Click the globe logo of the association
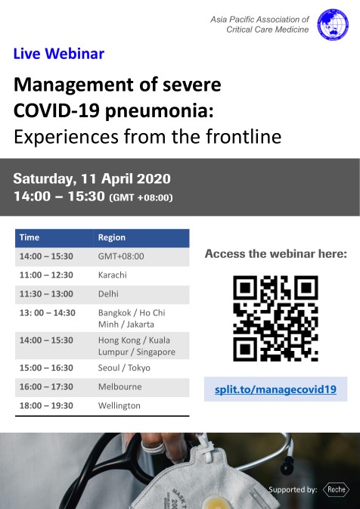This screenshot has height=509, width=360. (x=333, y=25)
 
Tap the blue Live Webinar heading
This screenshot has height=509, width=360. (x=59, y=54)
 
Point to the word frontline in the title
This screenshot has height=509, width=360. (x=244, y=137)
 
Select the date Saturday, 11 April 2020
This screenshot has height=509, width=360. (x=92, y=179)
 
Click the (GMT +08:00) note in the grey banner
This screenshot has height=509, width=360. (x=141, y=197)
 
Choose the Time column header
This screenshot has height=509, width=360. (x=29, y=237)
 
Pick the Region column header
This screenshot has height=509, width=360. (x=112, y=237)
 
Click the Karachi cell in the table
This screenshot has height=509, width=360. (x=113, y=275)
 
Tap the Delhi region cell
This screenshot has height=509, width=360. (x=108, y=293)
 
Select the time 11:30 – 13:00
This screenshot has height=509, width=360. (x=46, y=293)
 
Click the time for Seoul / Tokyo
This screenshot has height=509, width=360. (x=46, y=368)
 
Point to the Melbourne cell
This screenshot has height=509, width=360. (x=119, y=386)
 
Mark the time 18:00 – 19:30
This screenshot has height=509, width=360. (x=46, y=405)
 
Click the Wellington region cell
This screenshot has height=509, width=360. (x=119, y=406)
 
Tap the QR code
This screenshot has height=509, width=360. (x=275, y=318)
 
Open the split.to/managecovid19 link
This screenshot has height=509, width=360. (x=275, y=390)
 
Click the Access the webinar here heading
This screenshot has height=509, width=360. (x=276, y=254)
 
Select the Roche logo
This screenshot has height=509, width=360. (x=336, y=489)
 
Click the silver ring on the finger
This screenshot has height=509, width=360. (x=153, y=449)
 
